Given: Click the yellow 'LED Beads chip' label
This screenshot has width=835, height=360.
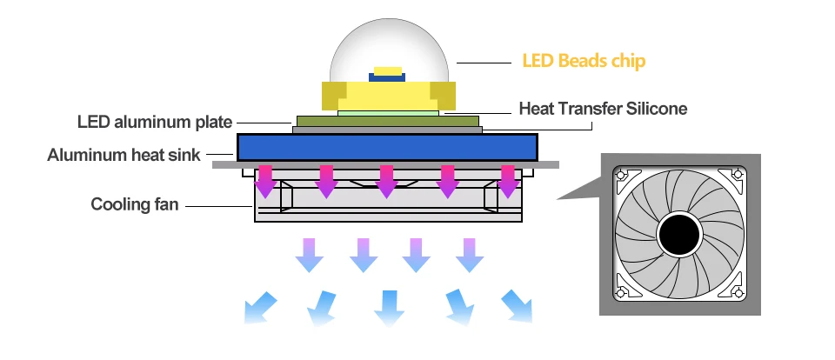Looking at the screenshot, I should click(584, 62).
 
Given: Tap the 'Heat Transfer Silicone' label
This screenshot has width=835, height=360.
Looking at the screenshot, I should click(603, 109).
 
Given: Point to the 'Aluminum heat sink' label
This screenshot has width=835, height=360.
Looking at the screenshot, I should click(124, 156).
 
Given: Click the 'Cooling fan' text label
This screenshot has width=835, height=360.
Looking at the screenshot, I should click(135, 205).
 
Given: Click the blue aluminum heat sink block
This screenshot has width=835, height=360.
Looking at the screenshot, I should click(387, 146).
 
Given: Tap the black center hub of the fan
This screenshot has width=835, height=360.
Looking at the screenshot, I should click(679, 234).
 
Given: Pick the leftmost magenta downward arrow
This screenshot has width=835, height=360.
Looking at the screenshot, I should click(264, 180).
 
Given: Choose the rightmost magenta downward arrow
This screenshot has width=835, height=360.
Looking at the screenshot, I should click(508, 180).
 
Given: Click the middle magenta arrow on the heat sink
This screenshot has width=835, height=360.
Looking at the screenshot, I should click(387, 180).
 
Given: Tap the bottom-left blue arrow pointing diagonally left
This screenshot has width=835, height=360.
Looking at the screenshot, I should click(258, 307).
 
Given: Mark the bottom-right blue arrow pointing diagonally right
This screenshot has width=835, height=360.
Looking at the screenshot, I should click(518, 305).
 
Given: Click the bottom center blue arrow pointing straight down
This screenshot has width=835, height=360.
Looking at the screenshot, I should click(388, 306).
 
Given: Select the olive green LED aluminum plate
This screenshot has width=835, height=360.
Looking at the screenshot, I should click(387, 121).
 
